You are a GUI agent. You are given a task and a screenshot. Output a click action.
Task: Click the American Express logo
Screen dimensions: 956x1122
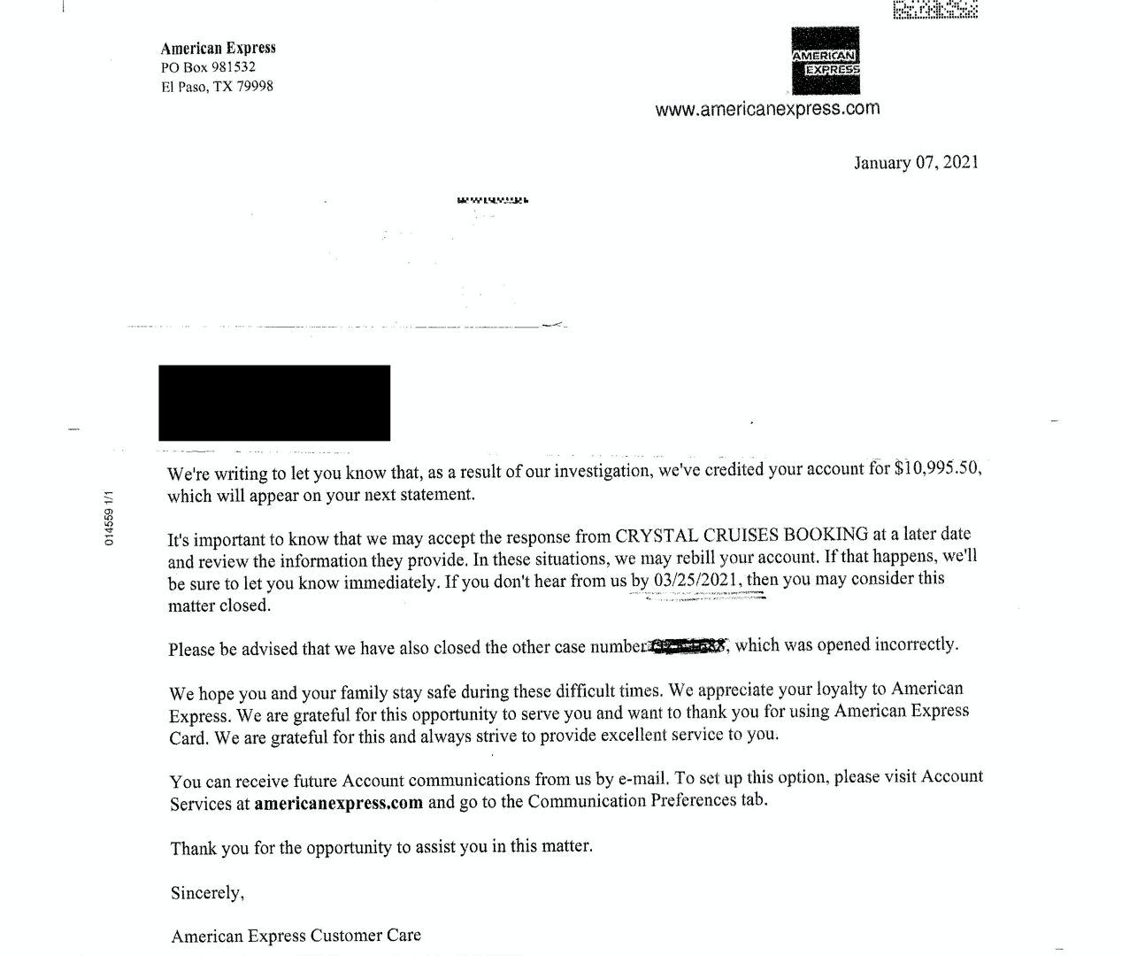pyautogui.click(x=826, y=60)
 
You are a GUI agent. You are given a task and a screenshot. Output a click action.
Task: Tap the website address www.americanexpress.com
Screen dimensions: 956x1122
pyautogui.click(x=767, y=109)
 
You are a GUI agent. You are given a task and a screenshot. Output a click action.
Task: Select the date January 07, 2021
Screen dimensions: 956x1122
pyautogui.click(x=915, y=163)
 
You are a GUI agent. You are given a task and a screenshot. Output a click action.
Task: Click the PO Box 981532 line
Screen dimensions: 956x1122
pyautogui.click(x=208, y=67)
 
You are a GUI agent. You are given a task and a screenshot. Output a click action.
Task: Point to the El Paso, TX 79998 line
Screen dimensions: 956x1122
pyautogui.click(x=217, y=87)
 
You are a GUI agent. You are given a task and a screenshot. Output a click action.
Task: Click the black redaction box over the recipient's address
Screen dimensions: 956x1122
pyautogui.click(x=274, y=403)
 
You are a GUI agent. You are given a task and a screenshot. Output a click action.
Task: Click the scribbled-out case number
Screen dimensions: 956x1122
pyautogui.click(x=688, y=646)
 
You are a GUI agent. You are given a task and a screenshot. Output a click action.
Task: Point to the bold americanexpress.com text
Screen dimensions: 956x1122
pyautogui.click(x=338, y=804)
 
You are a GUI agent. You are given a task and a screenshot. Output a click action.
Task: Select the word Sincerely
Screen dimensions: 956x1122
pyautogui.click(x=207, y=892)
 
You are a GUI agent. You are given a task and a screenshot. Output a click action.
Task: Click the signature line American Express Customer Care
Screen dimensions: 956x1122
pyautogui.click(x=296, y=936)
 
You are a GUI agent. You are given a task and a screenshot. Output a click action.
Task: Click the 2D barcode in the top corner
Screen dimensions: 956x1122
pyautogui.click(x=934, y=9)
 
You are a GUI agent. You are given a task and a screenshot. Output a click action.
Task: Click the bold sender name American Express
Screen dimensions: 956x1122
pyautogui.click(x=218, y=48)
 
